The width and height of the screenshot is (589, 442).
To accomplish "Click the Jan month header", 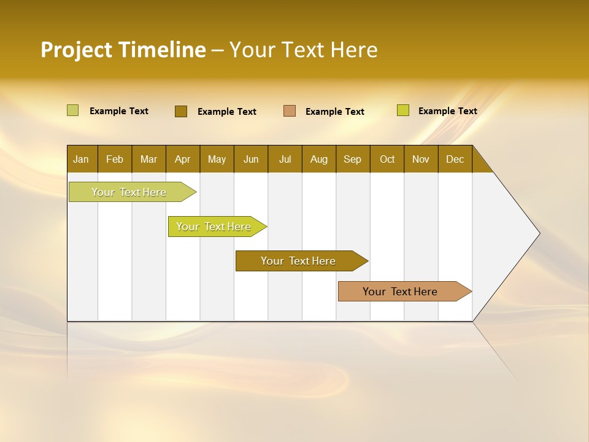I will point(82,159).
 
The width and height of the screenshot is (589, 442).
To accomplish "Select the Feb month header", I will point(115,159).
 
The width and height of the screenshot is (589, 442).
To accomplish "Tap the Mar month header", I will point(148,159).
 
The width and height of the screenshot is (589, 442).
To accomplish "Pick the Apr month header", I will point(183,159).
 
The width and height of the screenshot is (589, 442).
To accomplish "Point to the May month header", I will point(217,159).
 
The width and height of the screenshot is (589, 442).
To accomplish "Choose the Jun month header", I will point(251,159).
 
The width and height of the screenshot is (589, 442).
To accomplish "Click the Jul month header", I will point(285,159).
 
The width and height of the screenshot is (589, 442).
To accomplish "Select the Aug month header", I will point(319,159).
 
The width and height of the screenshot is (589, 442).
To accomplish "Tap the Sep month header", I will point(353,159).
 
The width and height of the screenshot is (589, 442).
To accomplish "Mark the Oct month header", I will point(387,159).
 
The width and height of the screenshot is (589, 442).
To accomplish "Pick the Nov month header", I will point(421,159).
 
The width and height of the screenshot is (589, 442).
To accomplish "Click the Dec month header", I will point(455,159).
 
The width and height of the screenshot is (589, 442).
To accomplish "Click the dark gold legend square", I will point(181,111).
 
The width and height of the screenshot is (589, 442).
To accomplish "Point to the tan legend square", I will point(290,111).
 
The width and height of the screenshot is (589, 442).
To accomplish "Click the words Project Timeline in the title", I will point(123,50).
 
